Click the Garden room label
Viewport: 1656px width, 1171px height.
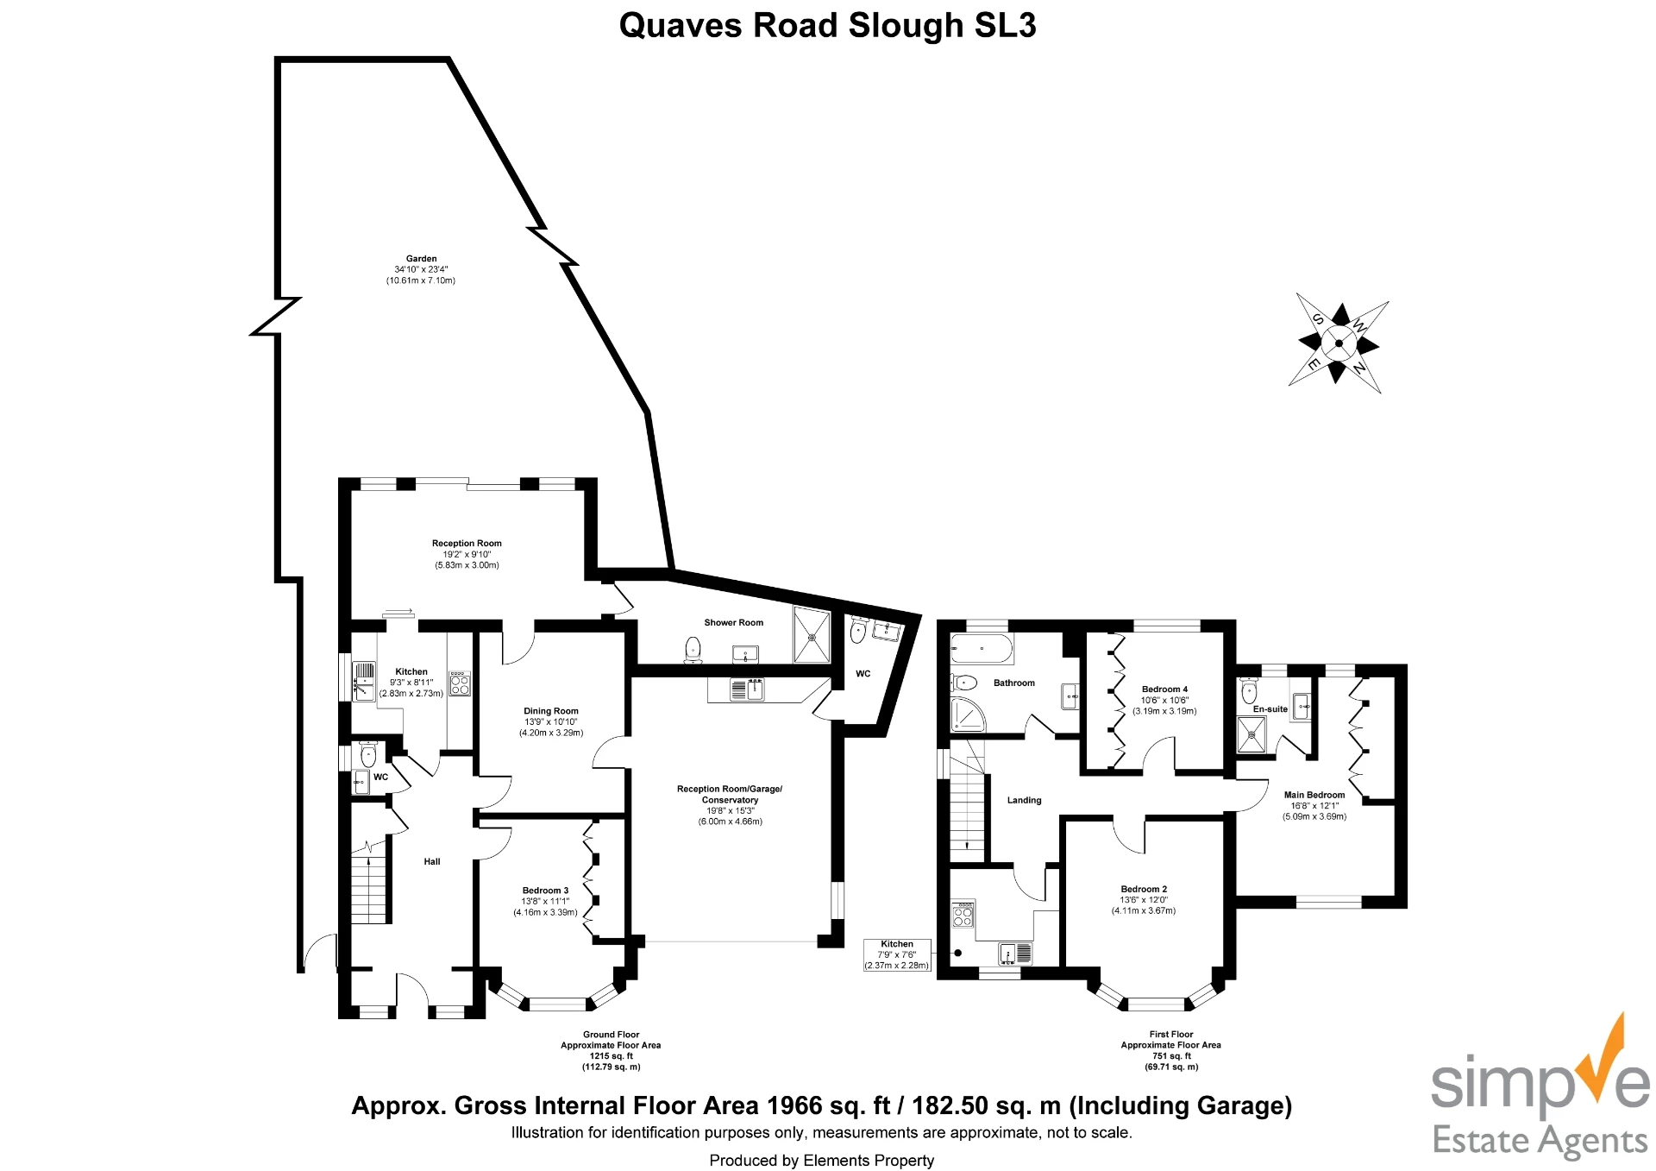421,259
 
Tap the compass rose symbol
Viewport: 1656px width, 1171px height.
1338,343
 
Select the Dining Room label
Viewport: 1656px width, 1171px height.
550,711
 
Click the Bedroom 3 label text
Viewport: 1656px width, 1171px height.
545,891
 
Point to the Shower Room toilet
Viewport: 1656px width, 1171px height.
693,650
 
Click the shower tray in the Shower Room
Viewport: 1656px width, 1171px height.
811,637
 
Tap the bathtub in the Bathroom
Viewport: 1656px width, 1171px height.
982,648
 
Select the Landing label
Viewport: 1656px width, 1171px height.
1024,800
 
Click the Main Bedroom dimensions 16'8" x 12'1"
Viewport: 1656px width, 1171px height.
1314,806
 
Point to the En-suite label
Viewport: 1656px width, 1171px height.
1270,709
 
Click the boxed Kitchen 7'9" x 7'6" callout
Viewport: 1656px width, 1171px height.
897,955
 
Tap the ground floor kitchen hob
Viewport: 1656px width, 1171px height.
460,683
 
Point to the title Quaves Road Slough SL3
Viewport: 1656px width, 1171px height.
827,26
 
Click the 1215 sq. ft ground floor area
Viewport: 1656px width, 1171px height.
611,1056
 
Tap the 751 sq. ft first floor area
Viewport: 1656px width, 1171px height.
1171,1056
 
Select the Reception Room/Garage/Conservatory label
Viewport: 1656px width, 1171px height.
730,794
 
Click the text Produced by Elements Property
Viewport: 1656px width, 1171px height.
821,1161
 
